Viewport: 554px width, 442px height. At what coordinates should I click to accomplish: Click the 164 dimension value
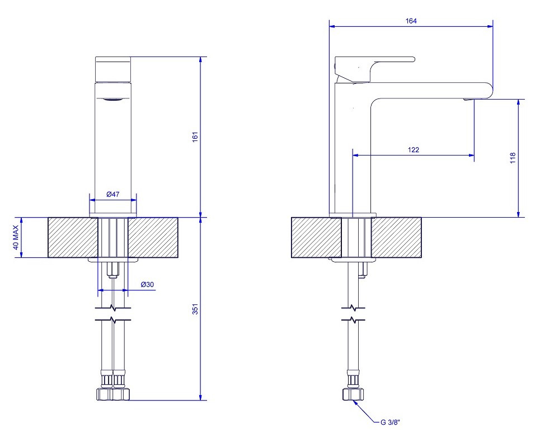coord(411,21)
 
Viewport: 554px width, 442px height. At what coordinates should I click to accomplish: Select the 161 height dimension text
coord(195,137)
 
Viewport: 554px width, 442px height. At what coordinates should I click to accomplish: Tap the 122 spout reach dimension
coord(414,150)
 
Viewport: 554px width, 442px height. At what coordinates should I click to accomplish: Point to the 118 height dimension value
coord(513,158)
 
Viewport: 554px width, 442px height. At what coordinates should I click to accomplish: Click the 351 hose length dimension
coord(195,309)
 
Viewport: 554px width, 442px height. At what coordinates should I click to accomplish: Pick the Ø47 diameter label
coord(113,194)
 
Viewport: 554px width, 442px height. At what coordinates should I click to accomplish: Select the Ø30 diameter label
coord(147,284)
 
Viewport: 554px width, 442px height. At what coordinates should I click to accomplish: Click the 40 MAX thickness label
coord(16,237)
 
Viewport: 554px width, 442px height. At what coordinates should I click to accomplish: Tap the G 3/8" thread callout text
coord(391,422)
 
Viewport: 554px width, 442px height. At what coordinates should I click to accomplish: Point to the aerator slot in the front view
coord(113,99)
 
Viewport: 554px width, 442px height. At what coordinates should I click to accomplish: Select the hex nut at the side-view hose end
coord(353,394)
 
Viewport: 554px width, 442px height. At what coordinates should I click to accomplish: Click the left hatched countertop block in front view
coord(73,237)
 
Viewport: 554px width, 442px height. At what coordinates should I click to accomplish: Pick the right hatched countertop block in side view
coord(396,237)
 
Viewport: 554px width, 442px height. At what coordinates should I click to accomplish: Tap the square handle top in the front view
coord(113,69)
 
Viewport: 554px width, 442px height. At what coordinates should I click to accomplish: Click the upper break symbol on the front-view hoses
coord(113,308)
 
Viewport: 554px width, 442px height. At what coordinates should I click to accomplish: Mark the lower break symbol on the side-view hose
coord(353,320)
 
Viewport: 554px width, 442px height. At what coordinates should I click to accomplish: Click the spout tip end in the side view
coord(492,90)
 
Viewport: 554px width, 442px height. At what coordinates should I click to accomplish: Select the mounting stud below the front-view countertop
coord(113,270)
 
